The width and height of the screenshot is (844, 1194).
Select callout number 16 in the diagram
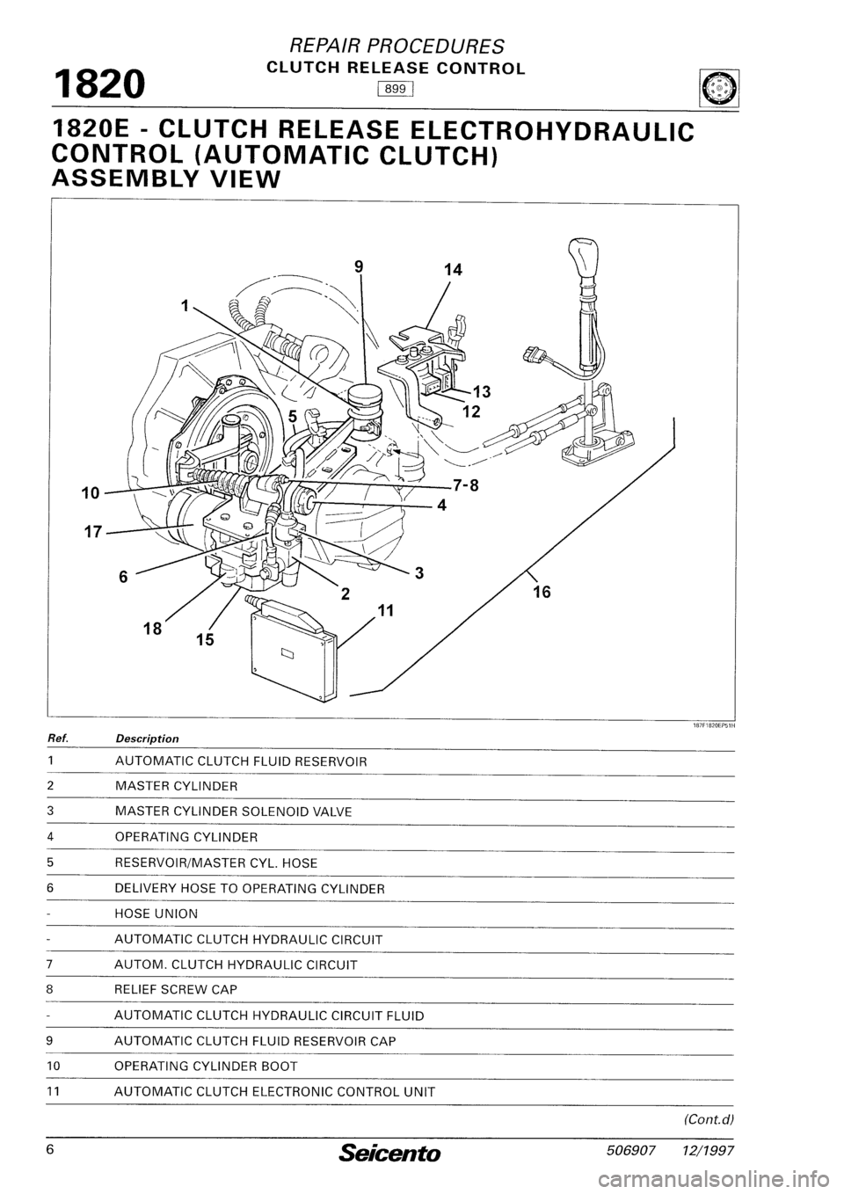click(542, 593)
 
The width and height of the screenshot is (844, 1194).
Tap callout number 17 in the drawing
click(93, 532)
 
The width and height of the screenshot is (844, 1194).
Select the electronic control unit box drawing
click(293, 651)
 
